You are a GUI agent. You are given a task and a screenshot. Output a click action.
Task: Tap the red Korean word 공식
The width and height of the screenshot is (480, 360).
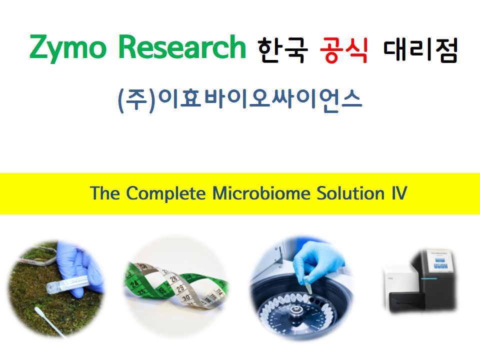[x=343, y=50]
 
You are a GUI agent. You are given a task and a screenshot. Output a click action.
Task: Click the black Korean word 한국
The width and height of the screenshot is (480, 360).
[x=282, y=50]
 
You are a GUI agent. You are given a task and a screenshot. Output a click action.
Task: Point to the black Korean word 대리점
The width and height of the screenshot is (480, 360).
[x=420, y=50]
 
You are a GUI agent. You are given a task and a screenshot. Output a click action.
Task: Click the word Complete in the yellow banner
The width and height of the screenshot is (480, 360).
[x=165, y=194]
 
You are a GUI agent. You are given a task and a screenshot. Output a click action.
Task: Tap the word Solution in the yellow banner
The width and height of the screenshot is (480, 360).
[x=350, y=193]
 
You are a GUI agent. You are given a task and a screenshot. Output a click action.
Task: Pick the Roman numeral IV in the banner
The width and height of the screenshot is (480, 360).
[x=399, y=193]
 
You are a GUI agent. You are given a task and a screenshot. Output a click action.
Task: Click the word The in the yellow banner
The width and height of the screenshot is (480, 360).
[x=104, y=193]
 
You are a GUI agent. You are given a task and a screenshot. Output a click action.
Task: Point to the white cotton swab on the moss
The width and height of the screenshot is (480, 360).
[x=48, y=321]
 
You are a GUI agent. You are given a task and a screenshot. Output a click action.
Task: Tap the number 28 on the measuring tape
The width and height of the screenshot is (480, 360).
[x=174, y=279]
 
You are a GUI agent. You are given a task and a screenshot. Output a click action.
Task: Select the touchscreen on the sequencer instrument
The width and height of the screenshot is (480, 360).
[x=441, y=261]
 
